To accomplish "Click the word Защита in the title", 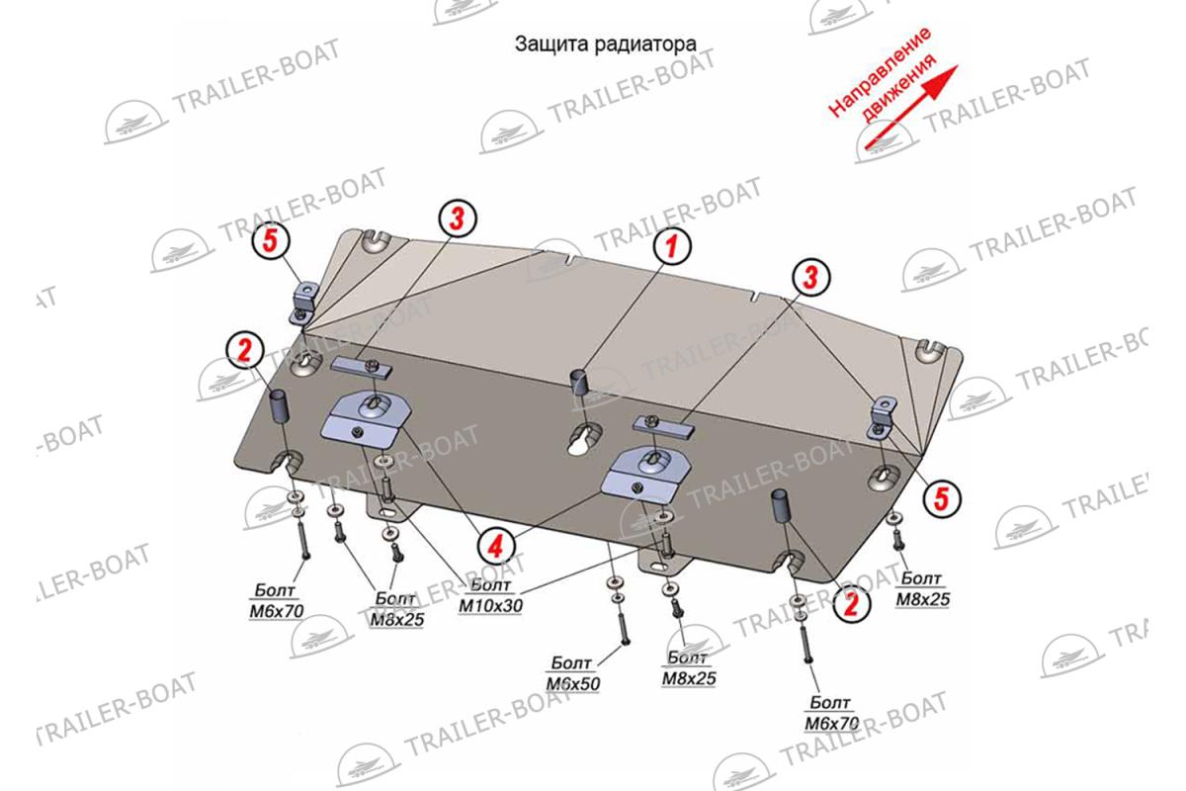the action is (x=551, y=44).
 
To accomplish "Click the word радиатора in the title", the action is (x=645, y=44).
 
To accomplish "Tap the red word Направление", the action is (x=879, y=72).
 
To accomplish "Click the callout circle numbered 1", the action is (x=672, y=246).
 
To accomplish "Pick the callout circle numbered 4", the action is (x=495, y=546).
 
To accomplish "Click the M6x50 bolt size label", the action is (x=573, y=684).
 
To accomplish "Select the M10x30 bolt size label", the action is (x=490, y=605).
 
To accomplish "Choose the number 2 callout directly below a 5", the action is (x=245, y=350).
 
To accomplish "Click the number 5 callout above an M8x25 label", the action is (x=942, y=498).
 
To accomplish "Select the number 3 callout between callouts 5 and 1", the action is (x=458, y=219).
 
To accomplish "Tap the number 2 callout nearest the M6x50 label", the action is (x=851, y=603).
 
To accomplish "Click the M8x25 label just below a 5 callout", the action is (x=923, y=599).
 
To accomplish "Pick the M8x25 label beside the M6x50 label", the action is (x=689, y=678).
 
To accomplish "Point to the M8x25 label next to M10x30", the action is (x=397, y=619).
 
